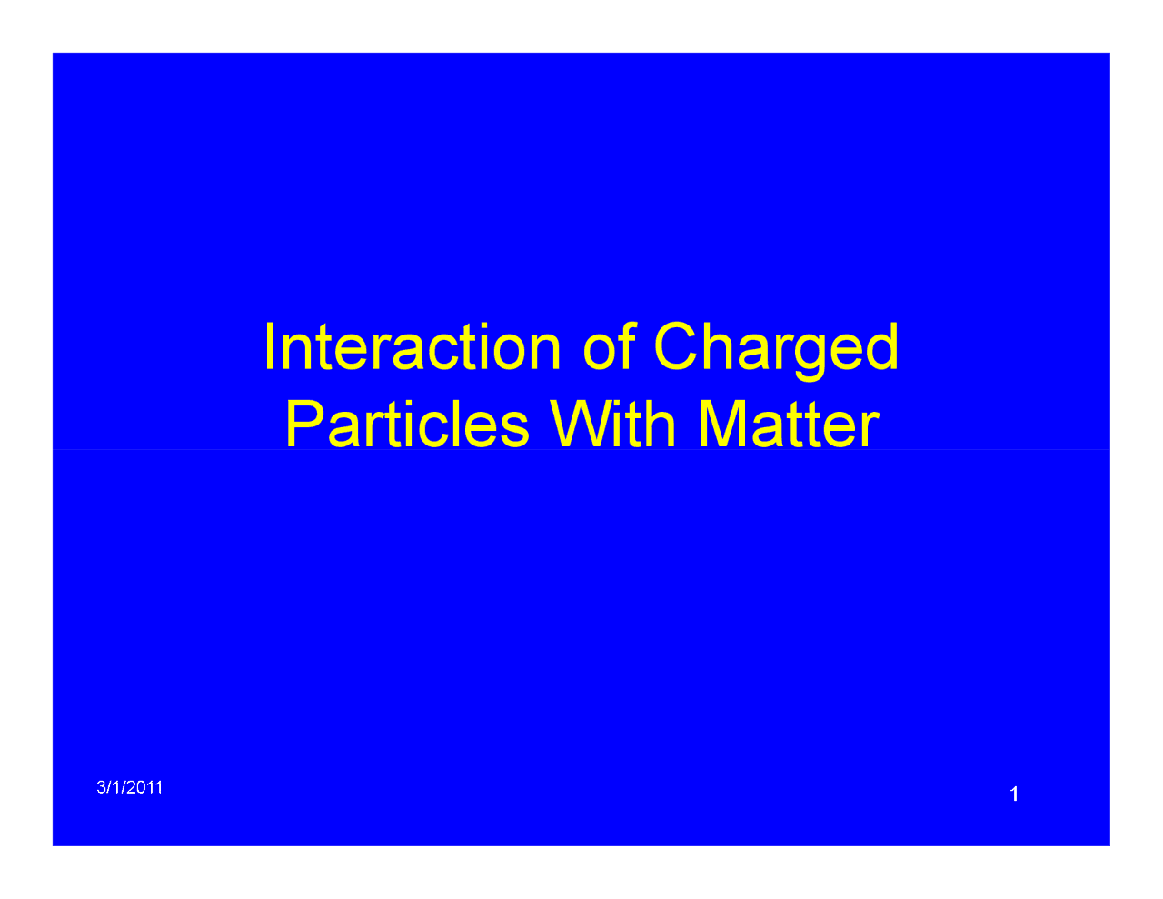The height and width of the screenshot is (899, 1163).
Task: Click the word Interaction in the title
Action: (413, 346)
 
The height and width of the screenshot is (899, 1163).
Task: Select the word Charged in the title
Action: (776, 351)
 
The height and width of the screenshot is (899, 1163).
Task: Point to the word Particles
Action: (407, 424)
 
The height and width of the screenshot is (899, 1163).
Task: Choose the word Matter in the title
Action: (789, 425)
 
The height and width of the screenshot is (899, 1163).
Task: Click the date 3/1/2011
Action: (129, 787)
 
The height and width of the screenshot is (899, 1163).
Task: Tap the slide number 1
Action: (1014, 794)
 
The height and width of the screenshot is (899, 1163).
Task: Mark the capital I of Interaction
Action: (270, 346)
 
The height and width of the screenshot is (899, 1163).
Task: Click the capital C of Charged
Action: (675, 345)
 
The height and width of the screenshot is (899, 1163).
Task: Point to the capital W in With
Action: (581, 424)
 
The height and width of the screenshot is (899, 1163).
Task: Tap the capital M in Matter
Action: (721, 424)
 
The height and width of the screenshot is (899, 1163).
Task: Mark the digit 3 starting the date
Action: (101, 787)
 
